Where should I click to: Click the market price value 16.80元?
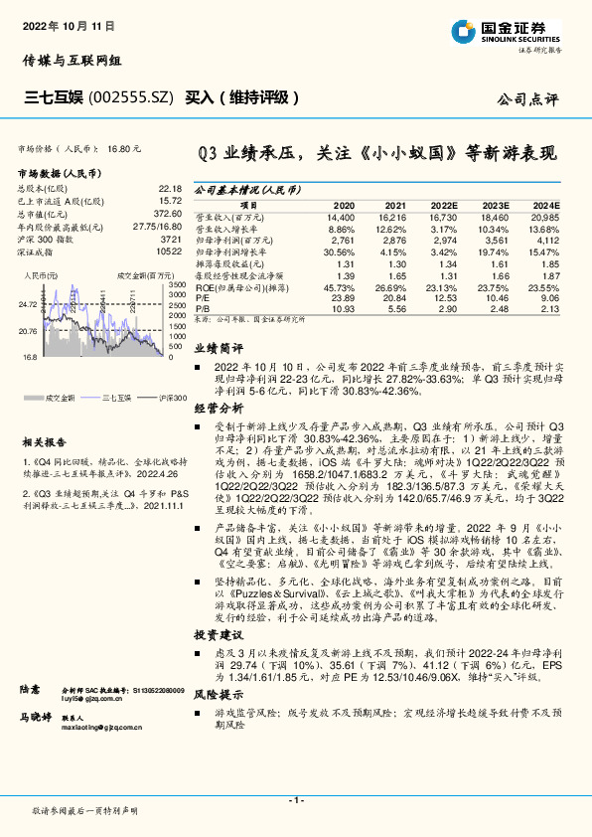point(123,147)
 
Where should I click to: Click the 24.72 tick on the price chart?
point(27,304)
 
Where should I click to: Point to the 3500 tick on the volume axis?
point(178,284)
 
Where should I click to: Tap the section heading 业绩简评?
point(218,350)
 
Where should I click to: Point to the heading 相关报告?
point(46,441)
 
